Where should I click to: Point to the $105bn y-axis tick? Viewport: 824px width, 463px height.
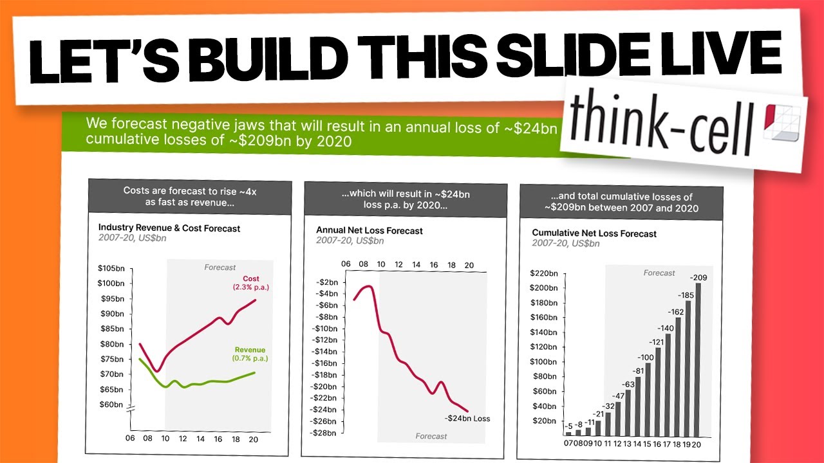[111, 268]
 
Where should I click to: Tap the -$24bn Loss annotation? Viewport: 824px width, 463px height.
[467, 419]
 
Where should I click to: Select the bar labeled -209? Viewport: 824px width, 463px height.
[698, 359]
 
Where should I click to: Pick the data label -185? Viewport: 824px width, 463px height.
[688, 367]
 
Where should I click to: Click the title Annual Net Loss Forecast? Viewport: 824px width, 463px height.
[370, 230]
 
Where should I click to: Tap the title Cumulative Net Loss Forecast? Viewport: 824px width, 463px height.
[594, 233]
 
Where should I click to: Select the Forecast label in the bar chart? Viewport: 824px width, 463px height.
[659, 273]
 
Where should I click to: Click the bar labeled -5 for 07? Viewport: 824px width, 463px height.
[568, 433]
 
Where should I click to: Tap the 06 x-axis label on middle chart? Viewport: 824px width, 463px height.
[346, 264]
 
